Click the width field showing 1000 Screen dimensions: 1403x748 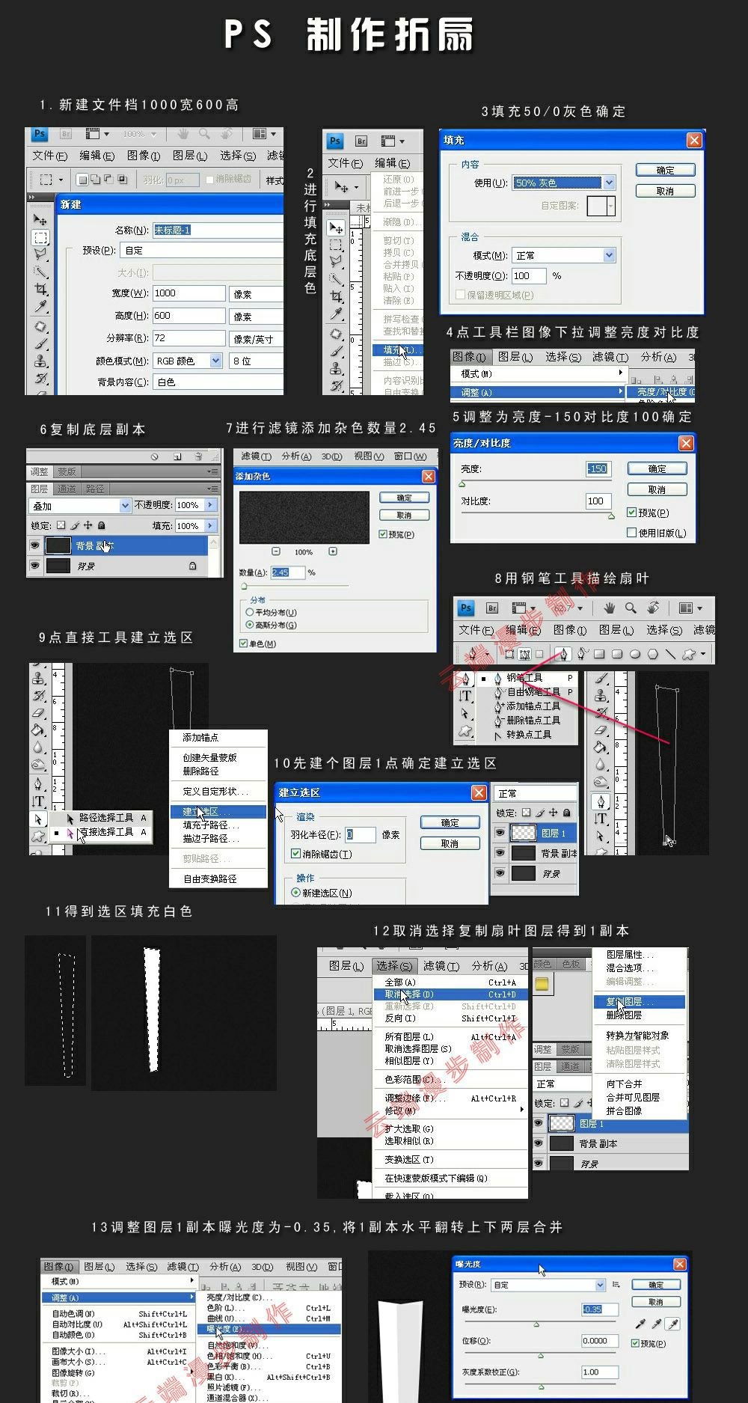[x=188, y=293]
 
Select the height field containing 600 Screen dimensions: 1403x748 [x=188, y=316]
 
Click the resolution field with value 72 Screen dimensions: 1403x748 [x=188, y=338]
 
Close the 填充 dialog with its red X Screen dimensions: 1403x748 [x=694, y=141]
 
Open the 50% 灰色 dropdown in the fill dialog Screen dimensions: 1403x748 [x=609, y=183]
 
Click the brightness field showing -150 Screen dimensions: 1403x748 [x=597, y=469]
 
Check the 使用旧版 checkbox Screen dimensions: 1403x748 [x=632, y=533]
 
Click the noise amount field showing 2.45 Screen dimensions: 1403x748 [x=287, y=572]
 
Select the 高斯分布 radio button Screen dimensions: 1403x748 [x=250, y=625]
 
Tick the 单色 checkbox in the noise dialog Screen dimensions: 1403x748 [x=244, y=644]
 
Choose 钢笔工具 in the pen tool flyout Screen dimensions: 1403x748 [x=524, y=678]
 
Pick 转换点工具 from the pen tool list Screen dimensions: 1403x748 [x=528, y=735]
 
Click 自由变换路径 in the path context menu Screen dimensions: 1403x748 [x=210, y=879]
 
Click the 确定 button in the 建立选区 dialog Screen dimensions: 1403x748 [x=450, y=822]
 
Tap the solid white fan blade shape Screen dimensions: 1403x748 [x=153, y=1010]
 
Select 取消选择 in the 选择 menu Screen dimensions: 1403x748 [x=408, y=994]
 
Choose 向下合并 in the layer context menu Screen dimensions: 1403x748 [x=624, y=1083]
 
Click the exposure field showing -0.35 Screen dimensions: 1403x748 [x=600, y=1309]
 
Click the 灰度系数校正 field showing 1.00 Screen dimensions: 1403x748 [x=600, y=1372]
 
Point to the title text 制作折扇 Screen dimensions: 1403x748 [x=389, y=36]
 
